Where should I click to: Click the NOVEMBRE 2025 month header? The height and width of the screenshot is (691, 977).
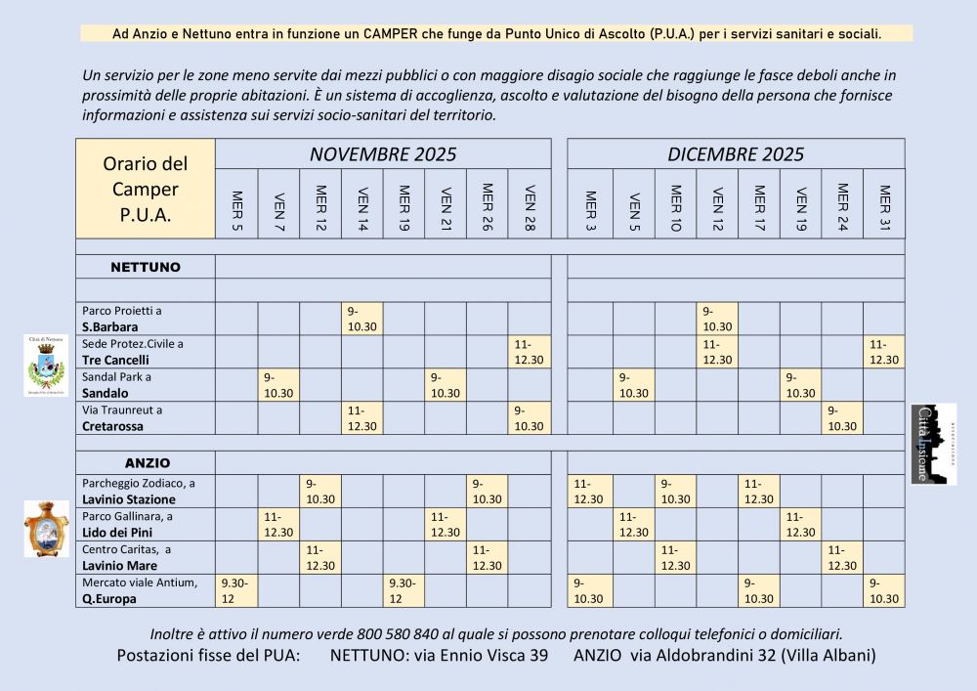point(383,154)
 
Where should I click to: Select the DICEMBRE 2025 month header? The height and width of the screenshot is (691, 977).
point(736,154)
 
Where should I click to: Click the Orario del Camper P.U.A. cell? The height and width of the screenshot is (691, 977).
point(146,189)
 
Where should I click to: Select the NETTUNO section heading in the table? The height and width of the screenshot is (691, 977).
point(146,267)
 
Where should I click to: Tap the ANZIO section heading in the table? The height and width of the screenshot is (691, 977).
point(146,462)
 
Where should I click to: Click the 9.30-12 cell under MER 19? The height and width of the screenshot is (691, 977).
point(404,591)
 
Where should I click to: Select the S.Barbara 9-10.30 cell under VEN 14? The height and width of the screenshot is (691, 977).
point(361,319)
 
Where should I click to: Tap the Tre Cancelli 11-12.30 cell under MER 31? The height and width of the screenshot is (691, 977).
point(884,352)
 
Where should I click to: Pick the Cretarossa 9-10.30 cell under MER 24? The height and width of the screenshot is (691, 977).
point(842,418)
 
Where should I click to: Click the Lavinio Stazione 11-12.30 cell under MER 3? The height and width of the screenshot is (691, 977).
point(590,492)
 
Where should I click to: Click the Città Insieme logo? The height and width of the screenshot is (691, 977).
point(932,444)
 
